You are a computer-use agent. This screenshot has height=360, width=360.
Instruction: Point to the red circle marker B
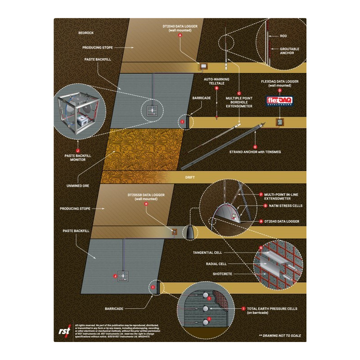(216, 89)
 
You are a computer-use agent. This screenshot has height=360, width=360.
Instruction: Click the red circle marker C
(239, 93)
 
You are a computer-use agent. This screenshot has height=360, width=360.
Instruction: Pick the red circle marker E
(255, 147)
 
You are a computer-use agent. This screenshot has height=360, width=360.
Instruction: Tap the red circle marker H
(145, 204)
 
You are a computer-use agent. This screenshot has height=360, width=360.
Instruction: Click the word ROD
(283, 36)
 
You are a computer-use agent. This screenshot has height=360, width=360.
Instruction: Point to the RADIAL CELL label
(216, 264)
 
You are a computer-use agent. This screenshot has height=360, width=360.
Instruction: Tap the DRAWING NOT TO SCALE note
(280, 335)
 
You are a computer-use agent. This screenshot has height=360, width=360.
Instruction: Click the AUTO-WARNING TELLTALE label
(216, 81)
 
